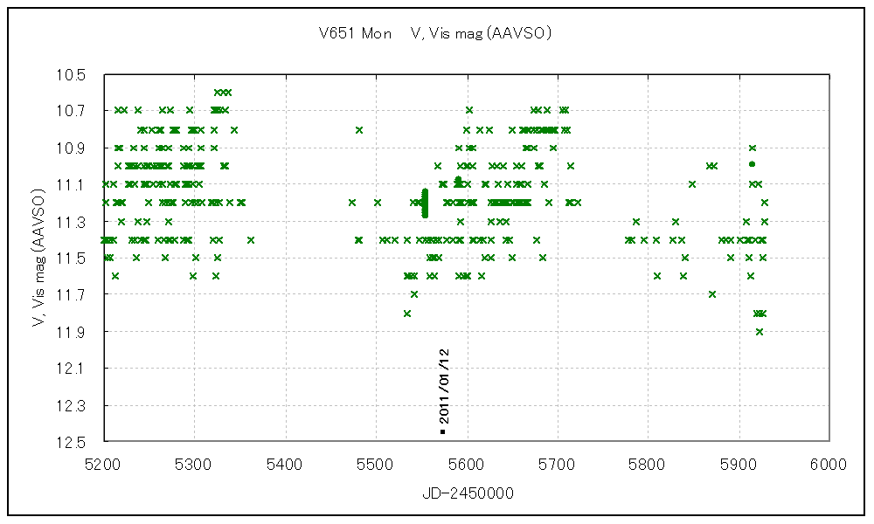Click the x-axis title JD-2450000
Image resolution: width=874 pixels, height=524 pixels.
[468, 493]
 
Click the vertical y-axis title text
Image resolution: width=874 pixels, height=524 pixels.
[38, 257]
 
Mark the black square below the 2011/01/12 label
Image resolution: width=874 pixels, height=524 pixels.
[443, 431]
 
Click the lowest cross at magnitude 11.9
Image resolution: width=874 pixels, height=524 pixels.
[760, 331]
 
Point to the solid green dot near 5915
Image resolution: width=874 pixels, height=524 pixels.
[752, 164]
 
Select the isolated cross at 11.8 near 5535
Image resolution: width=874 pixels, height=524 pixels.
[407, 313]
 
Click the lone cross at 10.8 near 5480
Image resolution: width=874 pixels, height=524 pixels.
[358, 129]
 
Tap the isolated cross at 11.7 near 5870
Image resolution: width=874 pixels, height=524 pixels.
[712, 294]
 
